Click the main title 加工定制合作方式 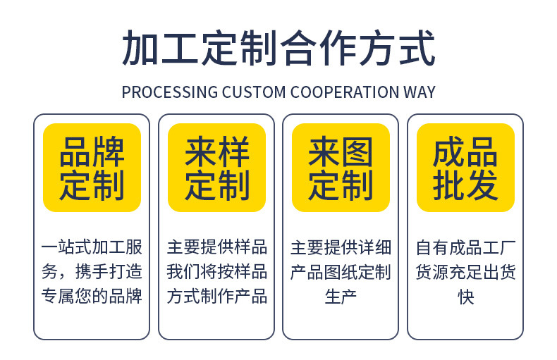pyautogui.click(x=278, y=48)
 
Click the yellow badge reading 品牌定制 pyautogui.click(x=92, y=168)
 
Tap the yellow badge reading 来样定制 pyautogui.click(x=216, y=168)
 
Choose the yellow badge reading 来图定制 pyautogui.click(x=341, y=168)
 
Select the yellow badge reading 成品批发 pyautogui.click(x=465, y=168)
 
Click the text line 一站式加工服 pyautogui.click(x=92, y=247)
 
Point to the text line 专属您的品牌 pyautogui.click(x=92, y=297)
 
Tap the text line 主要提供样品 pyautogui.click(x=216, y=247)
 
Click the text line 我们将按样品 pyautogui.click(x=216, y=272)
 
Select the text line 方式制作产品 pyautogui.click(x=216, y=297)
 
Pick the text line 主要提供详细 pyautogui.click(x=341, y=247)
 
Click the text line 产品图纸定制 pyautogui.click(x=341, y=272)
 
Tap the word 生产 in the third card pyautogui.click(x=341, y=297)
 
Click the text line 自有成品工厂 pyautogui.click(x=465, y=247)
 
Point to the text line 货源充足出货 pyautogui.click(x=465, y=272)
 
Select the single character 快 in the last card pyautogui.click(x=465, y=297)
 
